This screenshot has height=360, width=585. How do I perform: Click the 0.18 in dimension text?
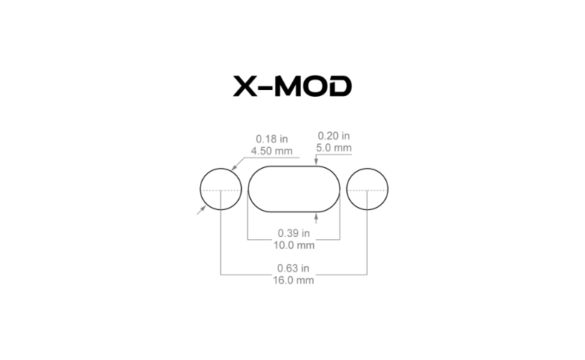click(272, 139)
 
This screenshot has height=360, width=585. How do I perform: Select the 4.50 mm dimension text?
click(272, 151)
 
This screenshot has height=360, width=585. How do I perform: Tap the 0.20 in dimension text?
click(334, 136)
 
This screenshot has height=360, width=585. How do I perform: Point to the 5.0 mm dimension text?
click(334, 148)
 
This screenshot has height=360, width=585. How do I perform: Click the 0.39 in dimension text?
click(294, 232)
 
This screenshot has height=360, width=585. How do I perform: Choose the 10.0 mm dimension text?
click(294, 244)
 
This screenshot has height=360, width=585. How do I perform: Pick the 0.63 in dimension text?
click(294, 268)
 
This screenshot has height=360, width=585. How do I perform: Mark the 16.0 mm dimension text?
click(294, 280)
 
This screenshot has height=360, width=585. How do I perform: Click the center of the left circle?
click(220, 190)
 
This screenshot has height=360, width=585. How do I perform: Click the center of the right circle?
click(367, 190)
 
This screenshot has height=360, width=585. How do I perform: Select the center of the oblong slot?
click(294, 190)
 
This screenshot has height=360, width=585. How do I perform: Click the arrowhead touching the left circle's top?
click(233, 168)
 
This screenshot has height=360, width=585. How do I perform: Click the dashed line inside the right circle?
click(367, 190)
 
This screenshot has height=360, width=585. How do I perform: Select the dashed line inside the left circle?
click(221, 190)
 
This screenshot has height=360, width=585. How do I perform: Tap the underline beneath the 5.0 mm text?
click(334, 154)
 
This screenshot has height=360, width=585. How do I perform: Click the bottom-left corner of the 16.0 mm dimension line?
click(220, 275)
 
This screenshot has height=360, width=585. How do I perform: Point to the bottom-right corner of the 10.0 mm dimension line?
click(340, 240)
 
